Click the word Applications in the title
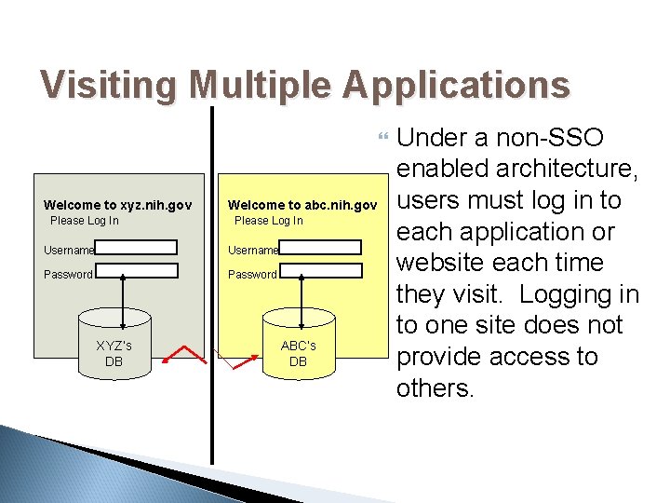tap(455, 85)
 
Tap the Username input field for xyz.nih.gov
tap(136, 248)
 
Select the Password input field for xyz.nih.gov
tap(136, 271)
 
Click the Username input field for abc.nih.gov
tap(320, 248)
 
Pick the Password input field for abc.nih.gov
tap(320, 271)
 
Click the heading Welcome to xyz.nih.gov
tap(117, 205)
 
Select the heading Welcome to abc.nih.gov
tap(302, 205)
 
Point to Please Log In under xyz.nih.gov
tap(84, 221)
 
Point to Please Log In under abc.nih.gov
tap(268, 221)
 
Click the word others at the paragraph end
tap(435, 387)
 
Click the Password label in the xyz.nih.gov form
tap(68, 275)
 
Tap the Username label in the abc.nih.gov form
tap(253, 251)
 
